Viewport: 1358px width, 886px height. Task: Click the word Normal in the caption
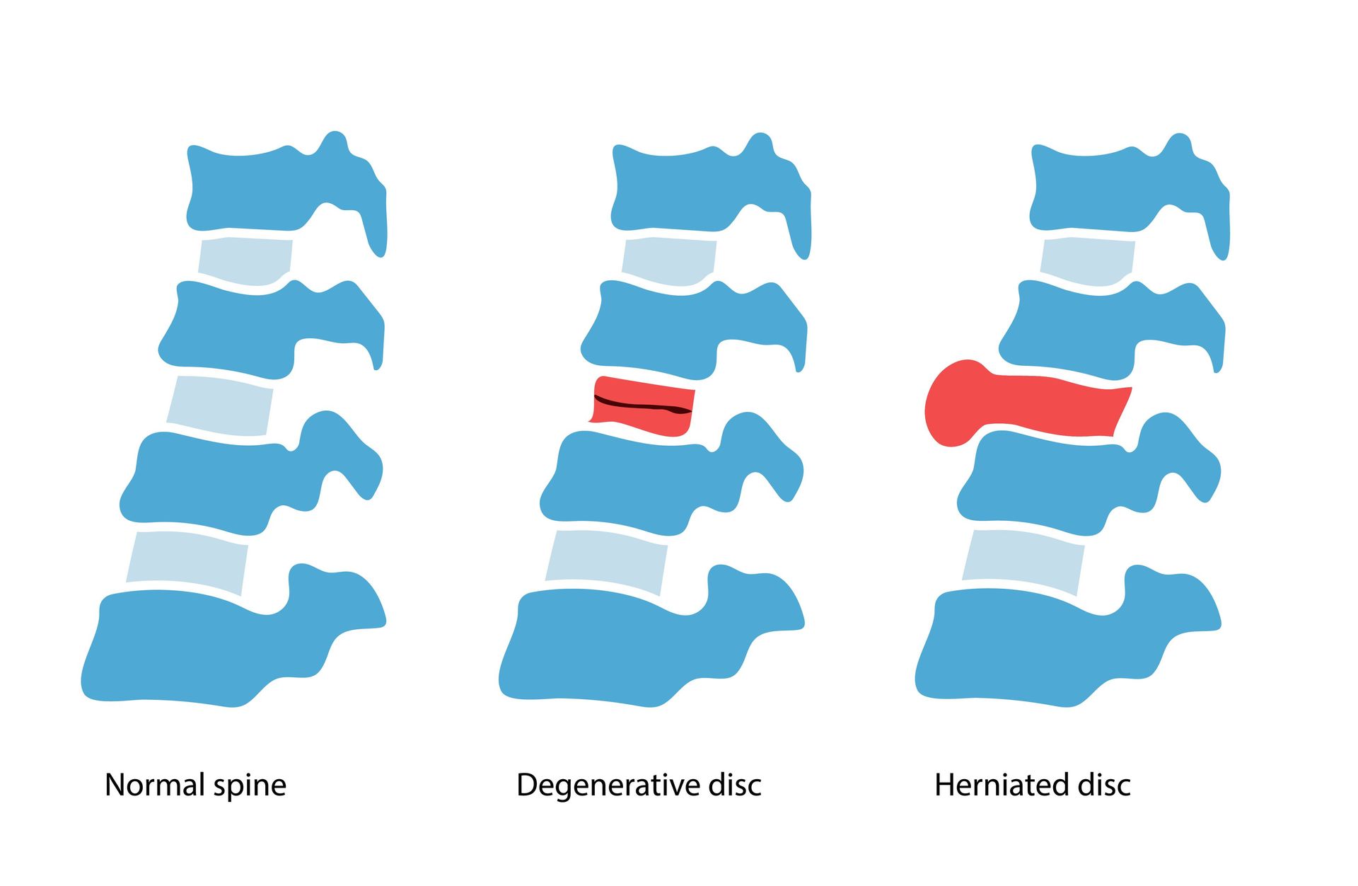[x=155, y=785]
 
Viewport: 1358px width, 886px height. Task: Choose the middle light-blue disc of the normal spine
[x=221, y=405]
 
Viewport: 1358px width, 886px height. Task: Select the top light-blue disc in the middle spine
[x=668, y=260]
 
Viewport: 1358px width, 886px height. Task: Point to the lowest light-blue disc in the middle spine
[x=607, y=561]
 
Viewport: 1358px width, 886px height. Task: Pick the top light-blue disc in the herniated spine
[x=1087, y=260]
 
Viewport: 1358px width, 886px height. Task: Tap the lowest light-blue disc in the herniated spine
[x=1024, y=561]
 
